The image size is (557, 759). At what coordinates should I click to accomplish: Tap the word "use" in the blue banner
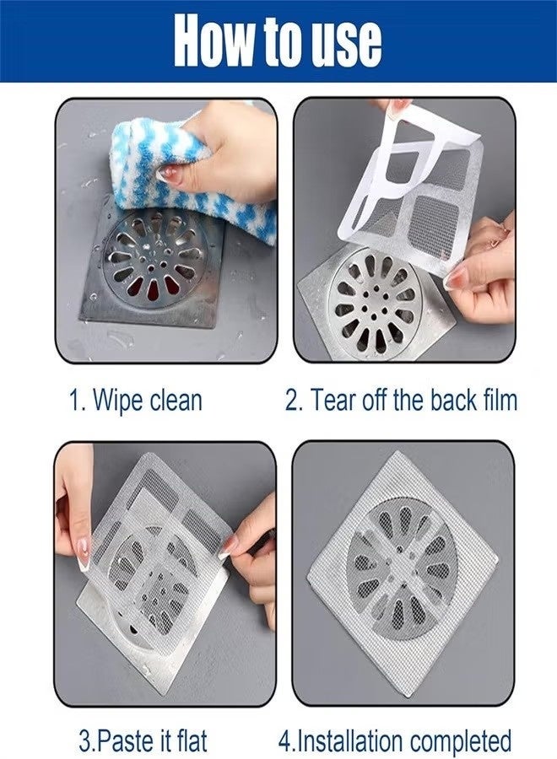click(343, 39)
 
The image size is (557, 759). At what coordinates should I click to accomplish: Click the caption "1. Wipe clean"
click(135, 399)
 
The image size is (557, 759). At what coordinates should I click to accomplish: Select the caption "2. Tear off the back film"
click(401, 399)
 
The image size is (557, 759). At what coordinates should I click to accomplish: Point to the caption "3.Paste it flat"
click(142, 741)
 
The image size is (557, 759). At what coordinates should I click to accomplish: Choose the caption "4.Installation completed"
click(395, 741)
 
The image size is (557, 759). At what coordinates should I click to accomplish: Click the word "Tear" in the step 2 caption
click(335, 399)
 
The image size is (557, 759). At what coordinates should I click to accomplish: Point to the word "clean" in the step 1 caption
click(176, 399)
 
